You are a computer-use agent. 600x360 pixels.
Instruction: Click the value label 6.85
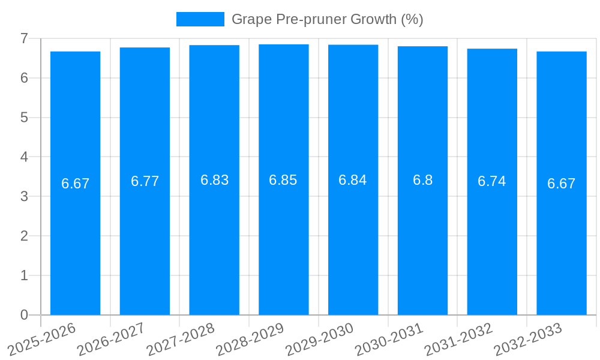tap(283, 180)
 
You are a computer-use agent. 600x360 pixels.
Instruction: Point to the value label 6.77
tap(145, 181)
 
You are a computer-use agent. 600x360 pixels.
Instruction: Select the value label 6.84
tap(353, 180)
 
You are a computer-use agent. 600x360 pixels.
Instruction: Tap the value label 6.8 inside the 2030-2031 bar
tap(422, 180)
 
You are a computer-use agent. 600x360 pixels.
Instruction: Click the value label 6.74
tap(492, 181)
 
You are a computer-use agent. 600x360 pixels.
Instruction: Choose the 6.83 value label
tap(214, 180)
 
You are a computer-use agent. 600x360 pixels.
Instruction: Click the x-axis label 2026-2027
tap(112, 340)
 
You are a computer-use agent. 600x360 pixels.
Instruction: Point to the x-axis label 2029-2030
tap(320, 340)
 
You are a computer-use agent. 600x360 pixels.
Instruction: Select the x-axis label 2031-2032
tap(459, 340)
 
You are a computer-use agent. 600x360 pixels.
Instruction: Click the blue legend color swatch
tap(200, 19)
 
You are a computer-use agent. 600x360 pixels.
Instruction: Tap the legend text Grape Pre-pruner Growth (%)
tap(328, 19)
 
